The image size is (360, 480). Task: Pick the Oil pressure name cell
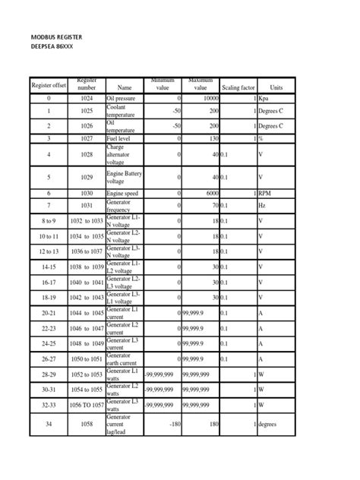[124, 99]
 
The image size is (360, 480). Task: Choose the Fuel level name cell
[122, 140]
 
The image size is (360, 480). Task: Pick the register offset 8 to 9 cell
[49, 220]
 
